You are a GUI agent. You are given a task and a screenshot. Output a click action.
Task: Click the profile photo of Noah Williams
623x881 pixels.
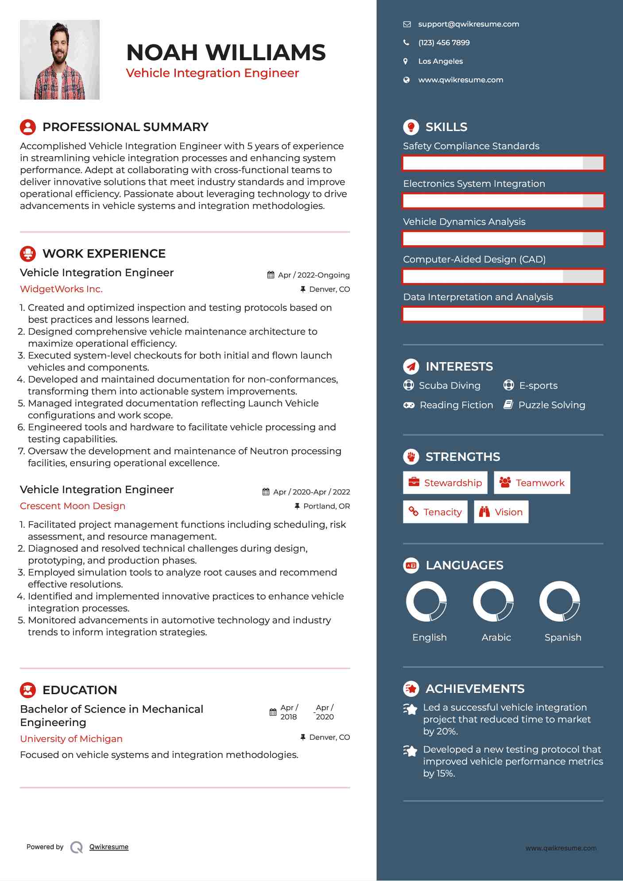(x=60, y=60)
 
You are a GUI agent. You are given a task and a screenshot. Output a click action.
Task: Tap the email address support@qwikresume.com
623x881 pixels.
(x=468, y=24)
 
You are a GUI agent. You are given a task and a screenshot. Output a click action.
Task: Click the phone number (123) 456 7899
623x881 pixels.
(x=444, y=43)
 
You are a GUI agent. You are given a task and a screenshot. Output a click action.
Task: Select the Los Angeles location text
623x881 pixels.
(x=440, y=62)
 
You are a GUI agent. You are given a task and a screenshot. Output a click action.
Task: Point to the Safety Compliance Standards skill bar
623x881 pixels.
(x=503, y=163)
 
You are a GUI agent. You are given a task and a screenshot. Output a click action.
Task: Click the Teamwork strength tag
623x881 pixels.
(x=532, y=483)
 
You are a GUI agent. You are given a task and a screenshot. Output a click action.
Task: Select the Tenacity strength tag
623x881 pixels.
(x=435, y=512)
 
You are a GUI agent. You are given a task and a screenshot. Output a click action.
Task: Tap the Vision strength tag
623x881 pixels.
(x=501, y=512)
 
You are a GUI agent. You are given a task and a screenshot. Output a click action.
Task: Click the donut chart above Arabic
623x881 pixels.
(x=493, y=602)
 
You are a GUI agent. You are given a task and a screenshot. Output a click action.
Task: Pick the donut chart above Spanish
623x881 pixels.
(x=560, y=602)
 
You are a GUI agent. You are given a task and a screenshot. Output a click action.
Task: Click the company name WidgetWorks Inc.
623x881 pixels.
(x=61, y=289)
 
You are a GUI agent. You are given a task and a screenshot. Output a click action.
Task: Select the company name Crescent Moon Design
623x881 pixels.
(x=73, y=506)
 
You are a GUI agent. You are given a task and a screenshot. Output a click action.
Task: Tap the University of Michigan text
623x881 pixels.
(x=71, y=739)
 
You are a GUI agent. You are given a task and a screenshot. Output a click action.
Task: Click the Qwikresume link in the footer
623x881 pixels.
(x=108, y=847)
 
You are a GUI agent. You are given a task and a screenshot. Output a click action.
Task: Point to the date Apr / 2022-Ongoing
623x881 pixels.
(x=313, y=275)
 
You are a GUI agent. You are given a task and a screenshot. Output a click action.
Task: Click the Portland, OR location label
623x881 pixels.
(x=326, y=506)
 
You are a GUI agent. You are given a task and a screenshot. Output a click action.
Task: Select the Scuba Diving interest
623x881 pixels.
(x=449, y=386)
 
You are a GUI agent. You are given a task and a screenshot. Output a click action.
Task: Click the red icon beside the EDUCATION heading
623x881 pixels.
(x=28, y=690)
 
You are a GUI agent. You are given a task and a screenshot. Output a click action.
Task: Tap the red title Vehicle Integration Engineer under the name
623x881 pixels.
(x=212, y=73)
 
